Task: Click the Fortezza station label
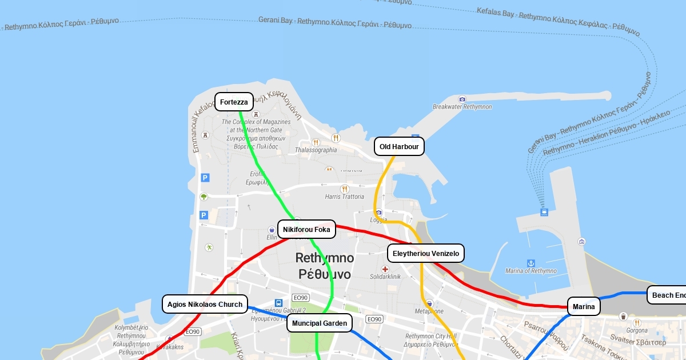coord(234,102)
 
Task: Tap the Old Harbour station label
coord(399,146)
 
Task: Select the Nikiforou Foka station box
coord(306,230)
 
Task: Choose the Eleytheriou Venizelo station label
coord(426,253)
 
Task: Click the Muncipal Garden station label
coord(319,323)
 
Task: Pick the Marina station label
coord(584,307)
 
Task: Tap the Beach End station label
coord(668,295)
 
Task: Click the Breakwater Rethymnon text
coord(462,107)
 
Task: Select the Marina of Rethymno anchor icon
coord(531,262)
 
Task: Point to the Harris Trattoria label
coord(344,197)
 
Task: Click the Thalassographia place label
coord(316,150)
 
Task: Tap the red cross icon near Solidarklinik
coord(385,269)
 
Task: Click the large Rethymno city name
coord(325,266)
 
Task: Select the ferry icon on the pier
coord(544,212)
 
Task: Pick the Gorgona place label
coord(637,330)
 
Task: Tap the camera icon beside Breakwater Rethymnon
coord(462,99)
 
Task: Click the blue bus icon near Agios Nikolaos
coord(278,303)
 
